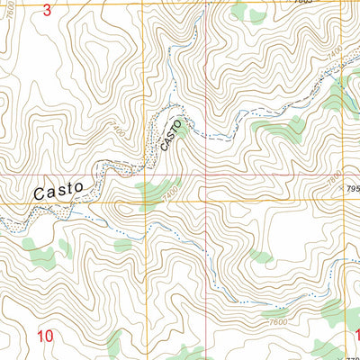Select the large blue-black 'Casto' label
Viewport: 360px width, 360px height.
pyautogui.click(x=58, y=190)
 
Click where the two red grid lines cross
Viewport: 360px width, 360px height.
pyautogui.click(x=205, y=175)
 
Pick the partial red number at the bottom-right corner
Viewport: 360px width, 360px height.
pyautogui.click(x=355, y=336)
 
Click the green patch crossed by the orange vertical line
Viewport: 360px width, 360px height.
pyautogui.click(x=148, y=190)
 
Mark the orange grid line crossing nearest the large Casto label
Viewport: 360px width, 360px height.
pyautogui.click(x=148, y=202)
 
